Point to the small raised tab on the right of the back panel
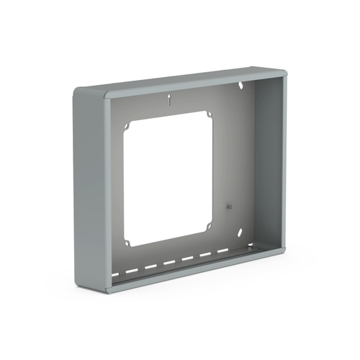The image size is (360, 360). tap(228, 207)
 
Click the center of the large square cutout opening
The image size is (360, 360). tap(169, 176)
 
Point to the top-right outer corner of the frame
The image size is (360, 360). tap(284, 73)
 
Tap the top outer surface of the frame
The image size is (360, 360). tap(187, 78)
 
